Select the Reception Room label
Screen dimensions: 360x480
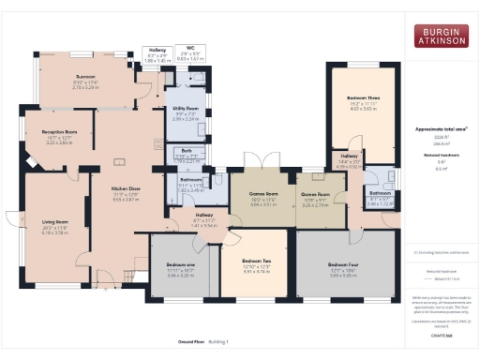click(x=59, y=133)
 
